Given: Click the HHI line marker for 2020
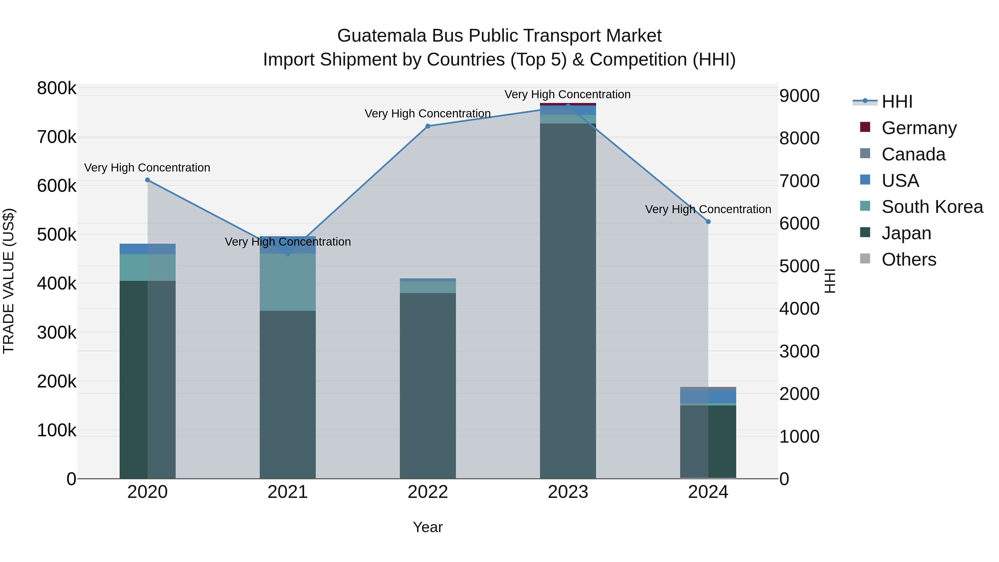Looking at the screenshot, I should pos(147,180).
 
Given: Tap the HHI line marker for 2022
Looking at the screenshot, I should pos(428,126).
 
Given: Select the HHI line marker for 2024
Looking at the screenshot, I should pos(708,221).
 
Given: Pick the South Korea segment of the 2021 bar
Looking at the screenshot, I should pos(287,282).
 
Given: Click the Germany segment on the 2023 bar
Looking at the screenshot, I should pos(568,104).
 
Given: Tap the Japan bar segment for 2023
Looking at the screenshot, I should pos(568,301).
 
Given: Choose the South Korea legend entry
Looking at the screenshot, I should pos(932,207).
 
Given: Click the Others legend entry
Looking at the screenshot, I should pos(908,259).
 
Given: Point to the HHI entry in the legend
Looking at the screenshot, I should pos(897,102).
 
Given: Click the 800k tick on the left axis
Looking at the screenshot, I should pos(57,89).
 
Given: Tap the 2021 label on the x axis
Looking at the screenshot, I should pos(287,492).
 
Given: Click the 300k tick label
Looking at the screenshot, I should pos(57,332).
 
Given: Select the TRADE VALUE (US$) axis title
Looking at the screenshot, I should pos(9,281).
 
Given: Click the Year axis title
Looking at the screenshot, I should pos(428,527).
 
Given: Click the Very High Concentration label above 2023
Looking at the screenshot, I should pos(567,94).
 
